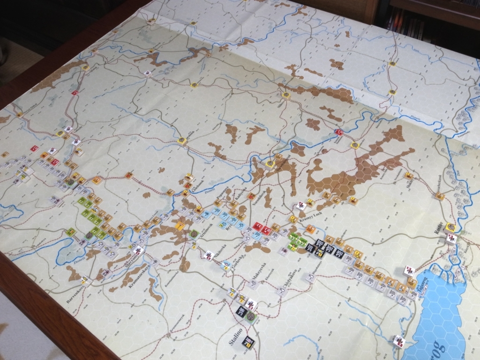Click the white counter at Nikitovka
coord(209,255)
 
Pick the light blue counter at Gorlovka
coord(225,265)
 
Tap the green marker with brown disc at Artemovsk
coord(194,233)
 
